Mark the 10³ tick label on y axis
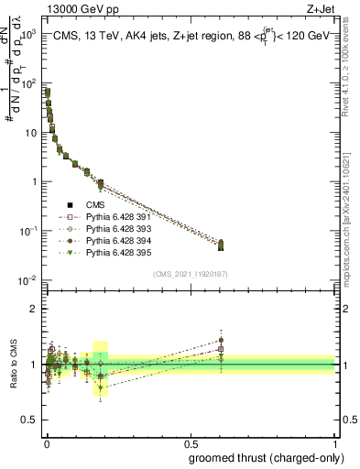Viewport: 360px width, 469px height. coord(28,34)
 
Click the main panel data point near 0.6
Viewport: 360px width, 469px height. coord(220,244)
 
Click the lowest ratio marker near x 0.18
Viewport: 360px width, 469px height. coord(100,387)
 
